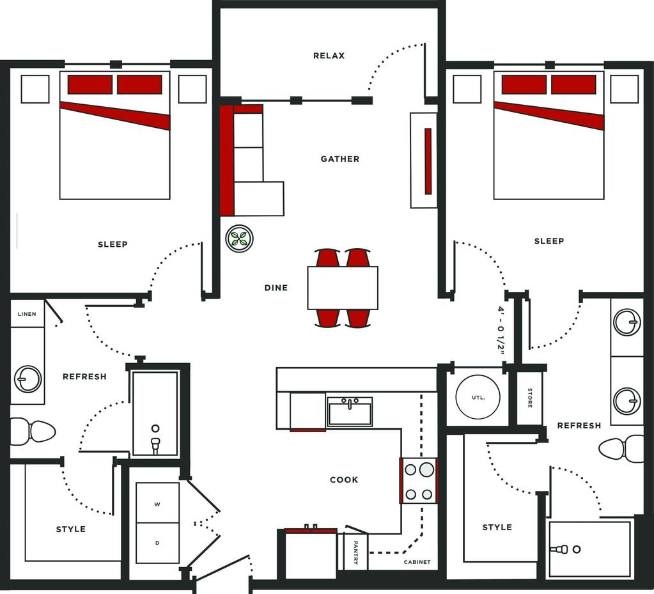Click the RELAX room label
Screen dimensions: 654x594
click(329, 56)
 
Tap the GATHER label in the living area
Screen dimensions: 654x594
click(340, 159)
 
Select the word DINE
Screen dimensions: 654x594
click(276, 288)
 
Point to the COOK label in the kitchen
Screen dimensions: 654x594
click(344, 480)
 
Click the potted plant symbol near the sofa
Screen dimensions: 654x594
click(240, 238)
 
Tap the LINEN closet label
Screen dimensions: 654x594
click(27, 314)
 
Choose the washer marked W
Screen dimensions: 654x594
click(157, 503)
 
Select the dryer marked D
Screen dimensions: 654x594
click(157, 543)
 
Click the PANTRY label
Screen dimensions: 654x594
click(356, 552)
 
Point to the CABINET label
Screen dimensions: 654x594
click(417, 562)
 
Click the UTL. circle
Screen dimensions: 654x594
click(478, 397)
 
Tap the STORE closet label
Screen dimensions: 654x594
click(530, 398)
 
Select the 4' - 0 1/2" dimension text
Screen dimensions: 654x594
click(501, 330)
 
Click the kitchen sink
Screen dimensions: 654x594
click(350, 411)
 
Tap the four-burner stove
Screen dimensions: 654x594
click(419, 481)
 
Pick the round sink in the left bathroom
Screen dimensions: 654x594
click(28, 379)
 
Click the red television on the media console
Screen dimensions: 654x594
click(428, 161)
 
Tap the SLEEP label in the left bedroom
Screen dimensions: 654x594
click(113, 244)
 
